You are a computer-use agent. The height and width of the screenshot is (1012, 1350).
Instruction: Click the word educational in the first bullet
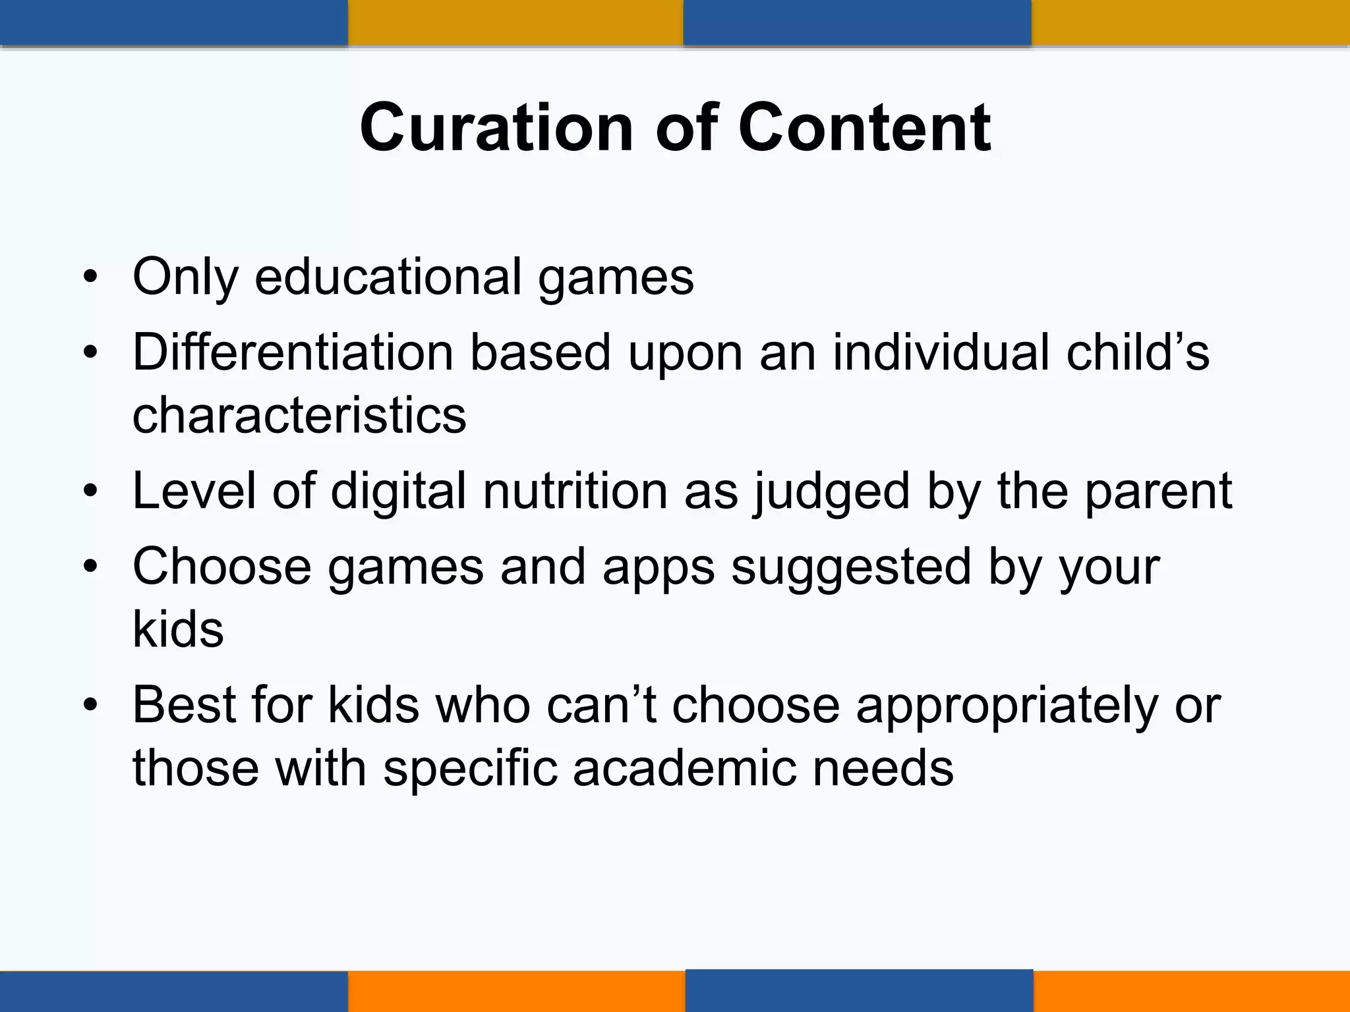388,277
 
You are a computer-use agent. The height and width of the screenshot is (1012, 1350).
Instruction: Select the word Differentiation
293,352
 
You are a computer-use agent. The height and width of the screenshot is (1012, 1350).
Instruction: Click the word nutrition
575,491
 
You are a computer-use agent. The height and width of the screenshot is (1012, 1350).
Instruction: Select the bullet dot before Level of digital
90,492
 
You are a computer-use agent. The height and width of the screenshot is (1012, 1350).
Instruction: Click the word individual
941,352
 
